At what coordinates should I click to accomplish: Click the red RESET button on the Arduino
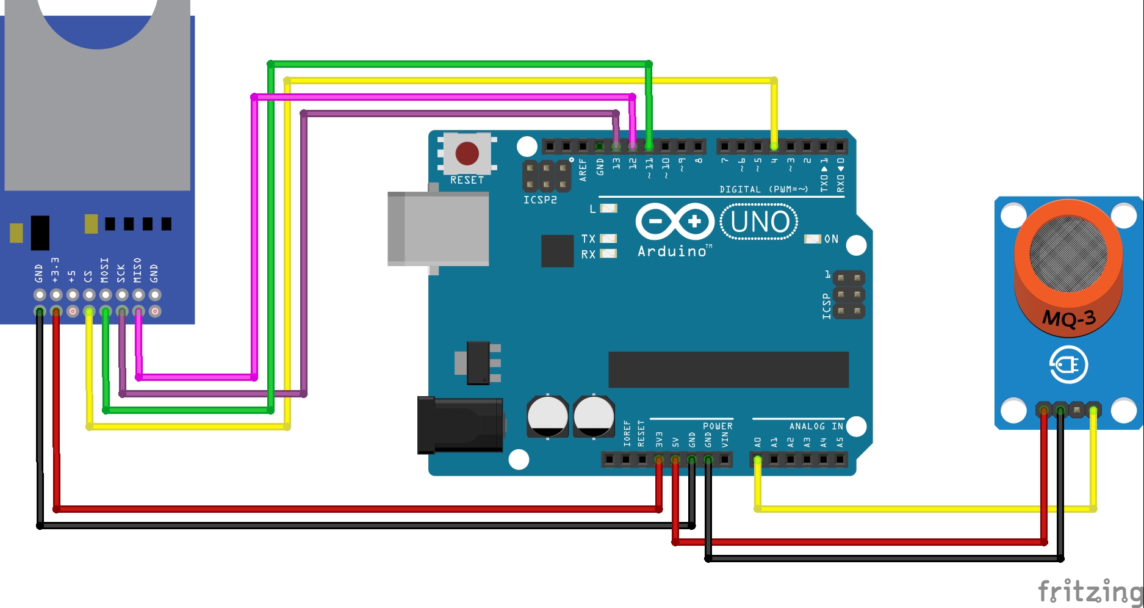point(467,154)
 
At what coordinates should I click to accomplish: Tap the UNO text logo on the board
point(760,222)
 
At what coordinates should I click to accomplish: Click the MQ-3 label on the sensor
point(1069,318)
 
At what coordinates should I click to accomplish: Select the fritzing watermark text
point(1090,591)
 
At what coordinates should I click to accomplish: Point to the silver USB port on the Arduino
point(438,228)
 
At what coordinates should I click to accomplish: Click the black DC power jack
point(459,425)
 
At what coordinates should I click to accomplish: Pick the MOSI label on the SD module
point(105,270)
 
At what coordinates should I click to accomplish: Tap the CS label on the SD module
point(88,277)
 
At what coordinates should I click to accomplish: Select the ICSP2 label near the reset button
point(540,200)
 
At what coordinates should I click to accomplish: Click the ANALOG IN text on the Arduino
point(816,426)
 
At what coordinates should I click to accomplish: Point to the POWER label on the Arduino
point(718,426)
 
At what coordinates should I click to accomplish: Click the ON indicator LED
point(813,239)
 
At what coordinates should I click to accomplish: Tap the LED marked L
point(608,209)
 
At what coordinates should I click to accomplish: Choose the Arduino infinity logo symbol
point(675,221)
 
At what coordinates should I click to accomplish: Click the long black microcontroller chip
point(728,369)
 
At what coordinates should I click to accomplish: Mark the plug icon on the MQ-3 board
point(1068,365)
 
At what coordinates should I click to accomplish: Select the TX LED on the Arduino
point(608,239)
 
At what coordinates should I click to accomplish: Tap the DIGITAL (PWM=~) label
point(763,189)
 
